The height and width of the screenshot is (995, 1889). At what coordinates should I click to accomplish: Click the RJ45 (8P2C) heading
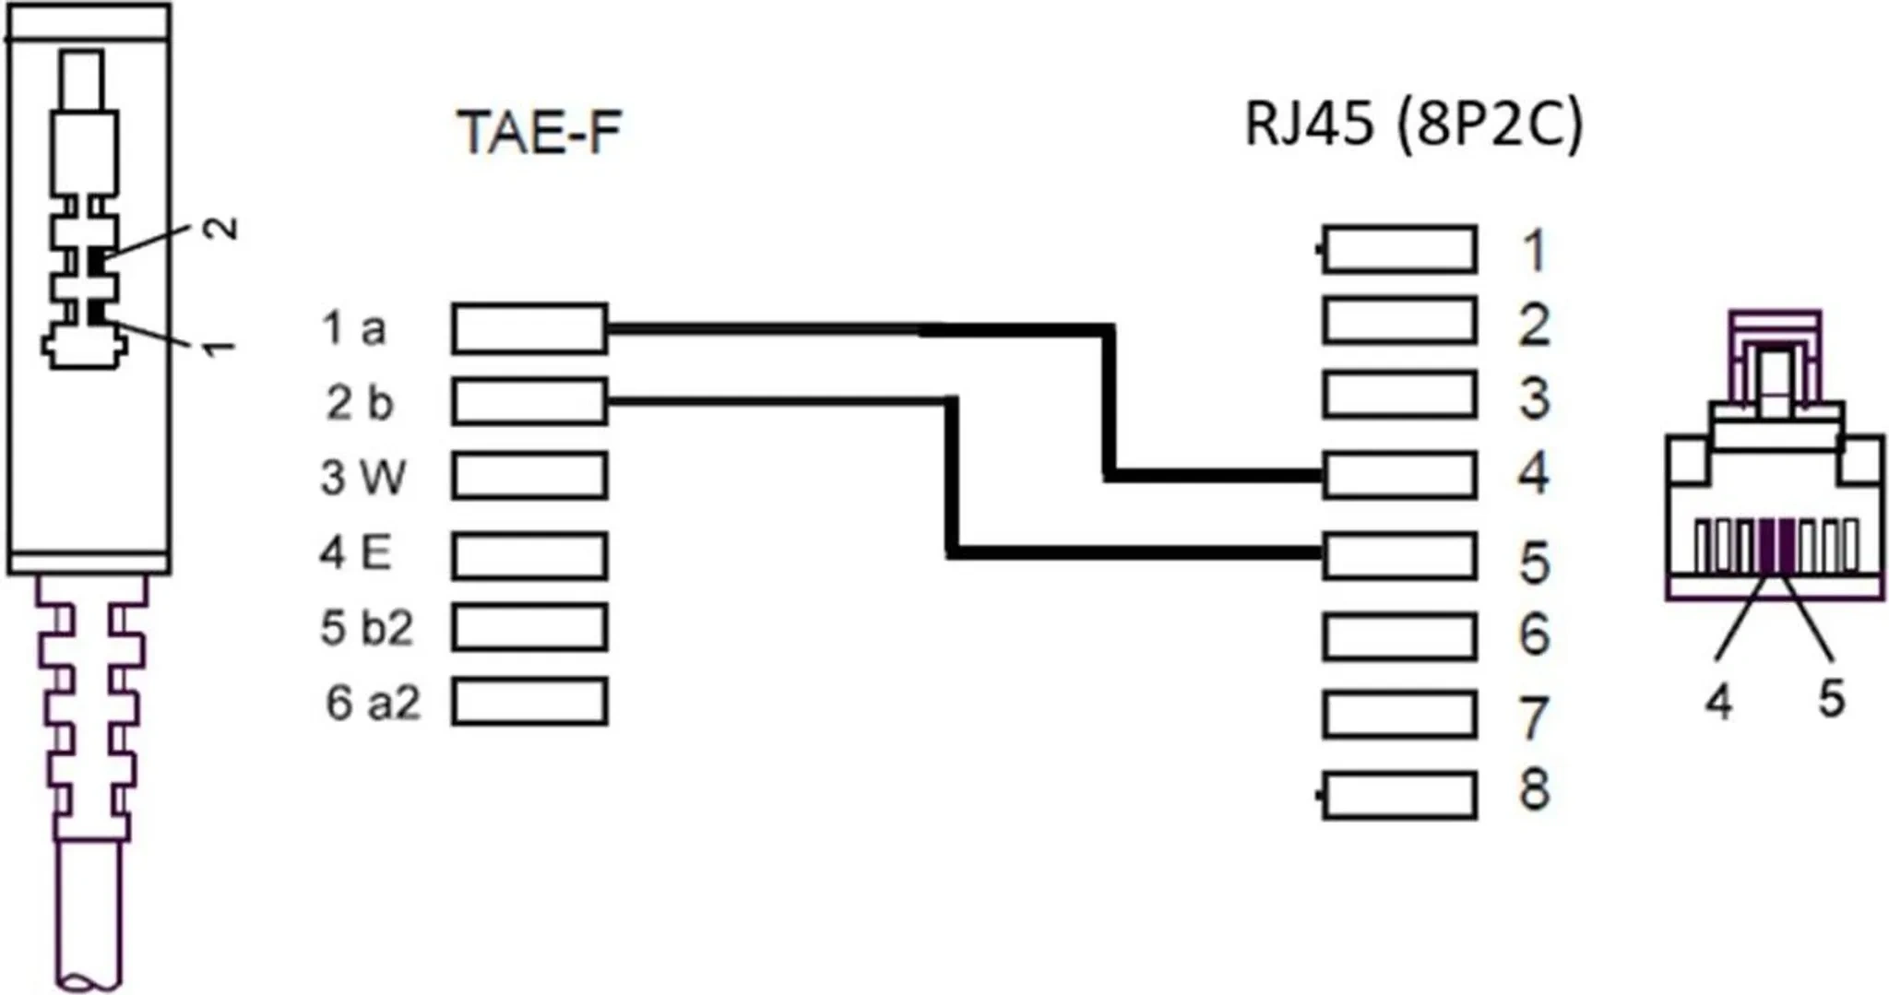pos(1413,124)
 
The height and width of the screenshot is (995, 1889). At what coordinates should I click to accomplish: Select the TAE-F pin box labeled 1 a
pos(529,328)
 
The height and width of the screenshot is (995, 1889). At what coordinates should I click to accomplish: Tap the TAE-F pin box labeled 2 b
pos(529,402)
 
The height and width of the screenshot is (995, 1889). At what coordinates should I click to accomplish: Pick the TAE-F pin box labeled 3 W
pos(529,476)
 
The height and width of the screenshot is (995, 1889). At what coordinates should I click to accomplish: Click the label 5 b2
pos(366,629)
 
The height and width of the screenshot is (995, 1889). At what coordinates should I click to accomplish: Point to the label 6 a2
pos(373,704)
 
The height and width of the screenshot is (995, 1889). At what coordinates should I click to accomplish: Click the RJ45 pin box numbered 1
pos(1399,249)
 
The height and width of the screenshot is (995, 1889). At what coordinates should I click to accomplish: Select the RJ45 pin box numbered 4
pos(1399,475)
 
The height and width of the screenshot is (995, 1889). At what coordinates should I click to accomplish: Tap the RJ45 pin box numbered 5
pos(1399,556)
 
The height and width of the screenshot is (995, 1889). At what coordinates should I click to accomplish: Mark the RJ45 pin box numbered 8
pos(1399,796)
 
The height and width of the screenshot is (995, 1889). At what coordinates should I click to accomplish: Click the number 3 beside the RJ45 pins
pos(1534,398)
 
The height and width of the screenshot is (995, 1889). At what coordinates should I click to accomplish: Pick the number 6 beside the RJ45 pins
pos(1534,635)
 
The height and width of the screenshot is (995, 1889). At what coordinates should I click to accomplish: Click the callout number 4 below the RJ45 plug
pos(1717,703)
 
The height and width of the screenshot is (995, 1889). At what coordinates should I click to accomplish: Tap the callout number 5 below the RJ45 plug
pos(1831,698)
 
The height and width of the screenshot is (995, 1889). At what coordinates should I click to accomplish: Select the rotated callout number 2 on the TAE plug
pos(221,228)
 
